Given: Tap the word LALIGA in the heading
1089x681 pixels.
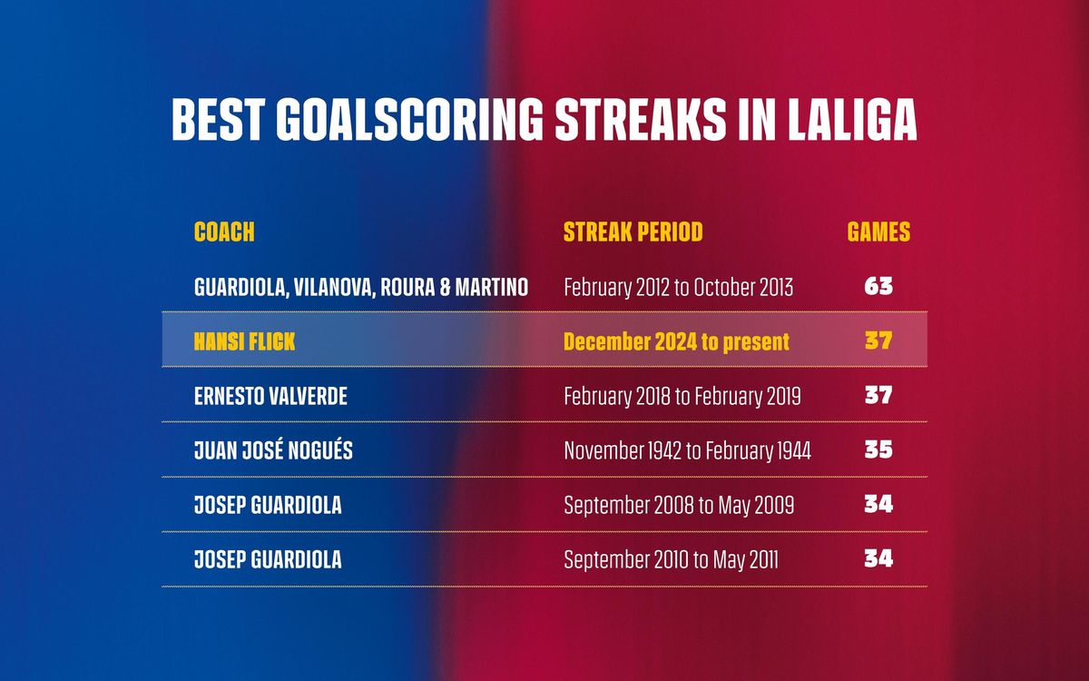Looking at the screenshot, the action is point(852,120).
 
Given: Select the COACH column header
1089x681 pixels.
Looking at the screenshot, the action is point(224,232).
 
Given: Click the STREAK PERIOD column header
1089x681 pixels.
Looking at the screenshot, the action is point(633,232).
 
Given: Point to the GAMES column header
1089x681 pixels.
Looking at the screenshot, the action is point(878,232).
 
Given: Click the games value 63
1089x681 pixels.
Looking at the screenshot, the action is point(878,286).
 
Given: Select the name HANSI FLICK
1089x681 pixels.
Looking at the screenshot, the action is point(244,341).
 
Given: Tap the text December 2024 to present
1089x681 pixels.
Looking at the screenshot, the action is point(676,342).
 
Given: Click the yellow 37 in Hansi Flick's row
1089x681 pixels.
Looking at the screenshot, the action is point(878,340).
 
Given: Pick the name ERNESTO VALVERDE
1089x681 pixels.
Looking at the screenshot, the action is point(270,397).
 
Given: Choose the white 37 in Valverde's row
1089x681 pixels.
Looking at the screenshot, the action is point(878,395).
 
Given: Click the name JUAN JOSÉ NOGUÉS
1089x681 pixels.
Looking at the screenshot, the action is point(274,450).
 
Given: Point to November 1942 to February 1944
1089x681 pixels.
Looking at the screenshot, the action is point(688,451).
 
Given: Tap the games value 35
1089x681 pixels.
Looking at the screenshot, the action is point(878,449).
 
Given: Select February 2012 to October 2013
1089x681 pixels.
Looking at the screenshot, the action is point(678,288).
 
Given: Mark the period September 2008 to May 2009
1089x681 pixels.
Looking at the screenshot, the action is point(679,506).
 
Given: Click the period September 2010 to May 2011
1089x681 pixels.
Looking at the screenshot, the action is point(671,560).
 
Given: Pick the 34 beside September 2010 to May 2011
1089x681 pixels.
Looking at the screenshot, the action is point(878,558).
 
